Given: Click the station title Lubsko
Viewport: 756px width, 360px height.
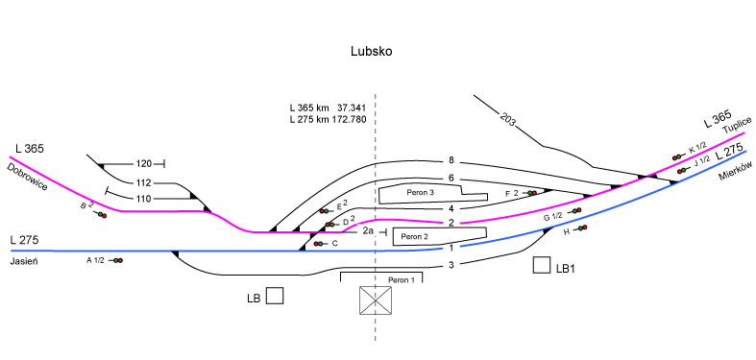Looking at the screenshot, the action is click(x=371, y=51).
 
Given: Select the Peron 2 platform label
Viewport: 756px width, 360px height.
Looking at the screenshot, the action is click(x=415, y=236).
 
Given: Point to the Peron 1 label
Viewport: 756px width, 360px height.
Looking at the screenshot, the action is click(x=401, y=279).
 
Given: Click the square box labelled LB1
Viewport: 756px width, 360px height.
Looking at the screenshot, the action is click(x=542, y=266).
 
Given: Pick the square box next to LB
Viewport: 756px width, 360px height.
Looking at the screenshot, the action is click(x=275, y=296).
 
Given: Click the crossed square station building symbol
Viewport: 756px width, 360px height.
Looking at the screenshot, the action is click(x=376, y=300).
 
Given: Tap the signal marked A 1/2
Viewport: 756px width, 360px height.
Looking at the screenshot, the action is click(x=116, y=260).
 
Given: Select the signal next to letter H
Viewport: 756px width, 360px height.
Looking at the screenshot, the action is click(x=580, y=228).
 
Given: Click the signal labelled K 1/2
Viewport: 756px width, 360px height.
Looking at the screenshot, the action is click(x=678, y=156).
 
